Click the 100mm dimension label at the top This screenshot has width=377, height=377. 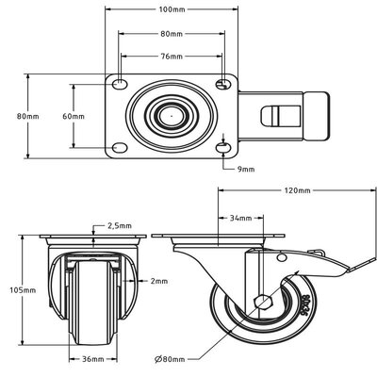click(x=172, y=9)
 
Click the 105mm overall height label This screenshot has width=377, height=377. click(x=14, y=291)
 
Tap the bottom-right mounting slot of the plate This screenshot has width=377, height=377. click(x=222, y=148)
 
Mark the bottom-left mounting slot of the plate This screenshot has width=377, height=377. click(x=119, y=148)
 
